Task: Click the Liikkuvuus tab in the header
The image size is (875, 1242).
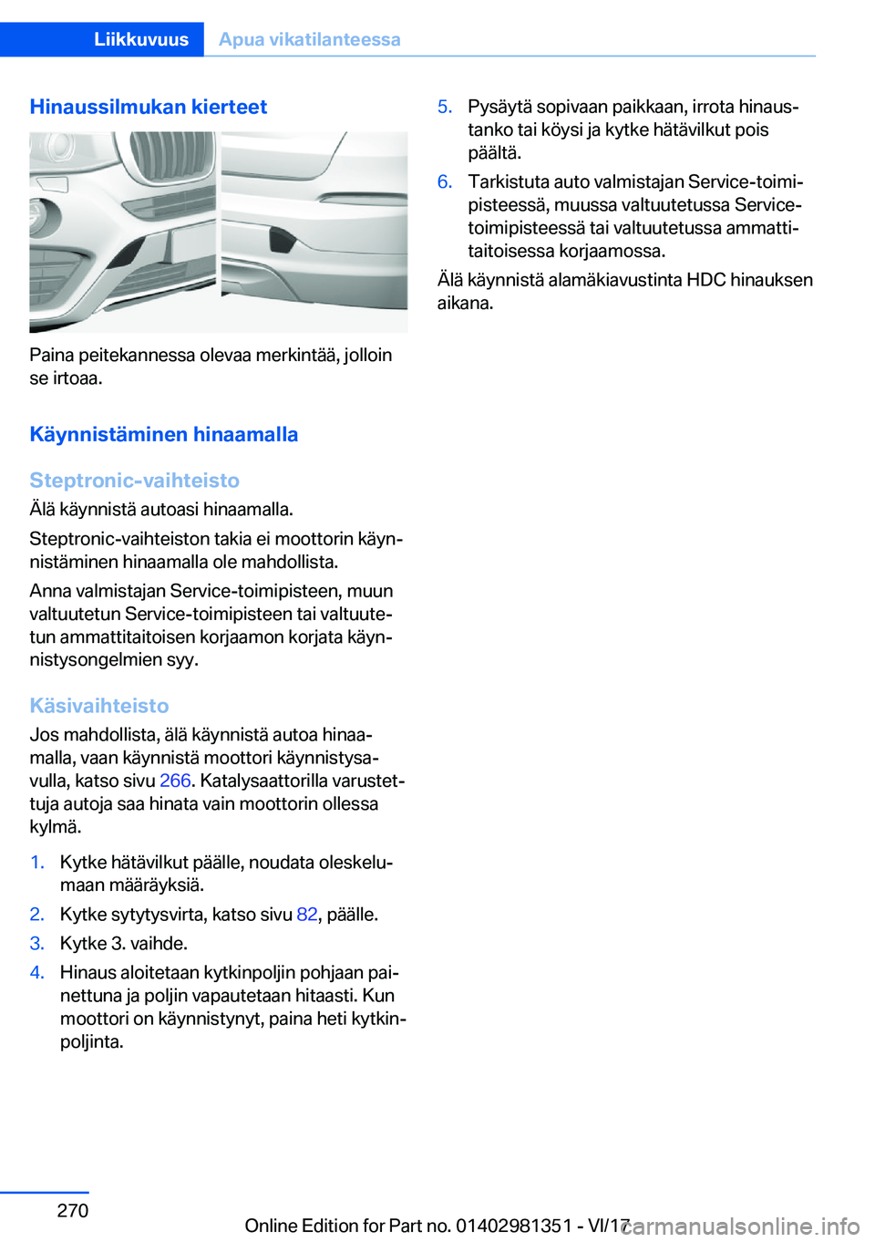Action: click(141, 39)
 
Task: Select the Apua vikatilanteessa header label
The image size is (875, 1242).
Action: click(310, 39)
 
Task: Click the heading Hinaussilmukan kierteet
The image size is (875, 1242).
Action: click(149, 107)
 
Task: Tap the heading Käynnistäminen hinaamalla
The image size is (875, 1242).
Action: click(164, 434)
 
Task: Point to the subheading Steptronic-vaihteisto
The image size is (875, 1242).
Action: click(135, 481)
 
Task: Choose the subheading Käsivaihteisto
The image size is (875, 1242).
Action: click(99, 706)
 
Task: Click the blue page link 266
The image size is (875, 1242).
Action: click(175, 781)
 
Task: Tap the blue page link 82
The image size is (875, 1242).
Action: click(307, 914)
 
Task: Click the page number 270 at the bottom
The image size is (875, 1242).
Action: click(73, 1210)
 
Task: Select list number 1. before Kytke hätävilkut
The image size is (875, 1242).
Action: click(37, 862)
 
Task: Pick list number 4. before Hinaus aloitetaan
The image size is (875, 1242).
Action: click(37, 972)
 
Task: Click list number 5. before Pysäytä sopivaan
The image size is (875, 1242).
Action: click(445, 107)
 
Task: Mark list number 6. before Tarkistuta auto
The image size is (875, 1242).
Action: click(445, 181)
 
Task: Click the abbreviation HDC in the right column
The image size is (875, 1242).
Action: click(706, 280)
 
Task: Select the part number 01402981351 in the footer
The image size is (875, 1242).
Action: click(513, 1226)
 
